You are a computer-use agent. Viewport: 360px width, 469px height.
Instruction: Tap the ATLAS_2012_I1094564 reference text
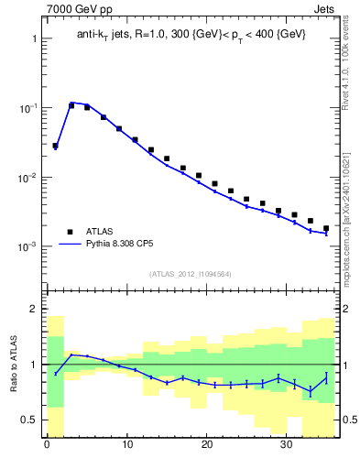click(190, 273)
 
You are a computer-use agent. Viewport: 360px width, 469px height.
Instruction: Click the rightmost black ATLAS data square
click(326, 228)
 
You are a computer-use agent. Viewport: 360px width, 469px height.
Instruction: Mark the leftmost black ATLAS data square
click(55, 146)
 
